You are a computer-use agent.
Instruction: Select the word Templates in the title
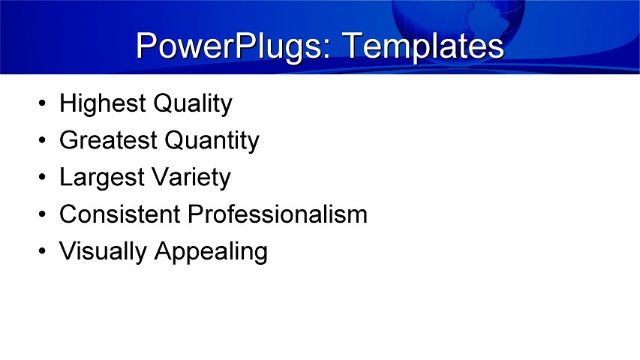click(x=422, y=46)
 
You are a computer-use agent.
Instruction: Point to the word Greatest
click(x=109, y=140)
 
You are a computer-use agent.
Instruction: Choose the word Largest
click(x=101, y=178)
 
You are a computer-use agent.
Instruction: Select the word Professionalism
click(x=278, y=214)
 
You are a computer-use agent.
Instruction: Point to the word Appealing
click(x=211, y=252)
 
